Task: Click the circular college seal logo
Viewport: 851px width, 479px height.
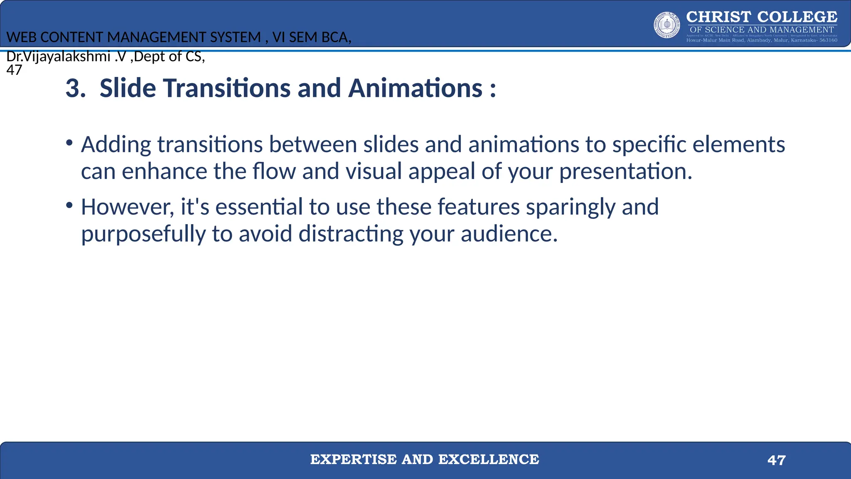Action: coord(667,25)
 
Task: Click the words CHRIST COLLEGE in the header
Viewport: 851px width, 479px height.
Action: coord(762,17)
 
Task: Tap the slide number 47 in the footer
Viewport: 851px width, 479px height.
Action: coord(776,460)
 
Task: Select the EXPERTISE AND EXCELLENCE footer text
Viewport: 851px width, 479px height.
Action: coord(425,459)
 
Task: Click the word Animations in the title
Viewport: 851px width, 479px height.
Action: coord(415,89)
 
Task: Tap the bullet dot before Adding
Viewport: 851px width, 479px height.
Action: coord(69,143)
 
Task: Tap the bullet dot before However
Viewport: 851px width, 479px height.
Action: coord(69,205)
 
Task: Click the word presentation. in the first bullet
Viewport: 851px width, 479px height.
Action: coord(625,172)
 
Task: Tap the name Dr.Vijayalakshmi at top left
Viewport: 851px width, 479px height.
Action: coord(58,57)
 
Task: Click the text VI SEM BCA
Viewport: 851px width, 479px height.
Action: coord(312,37)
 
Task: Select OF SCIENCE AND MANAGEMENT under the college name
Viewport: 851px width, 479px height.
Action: coord(762,30)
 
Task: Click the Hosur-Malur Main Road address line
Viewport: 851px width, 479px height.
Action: coord(762,40)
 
